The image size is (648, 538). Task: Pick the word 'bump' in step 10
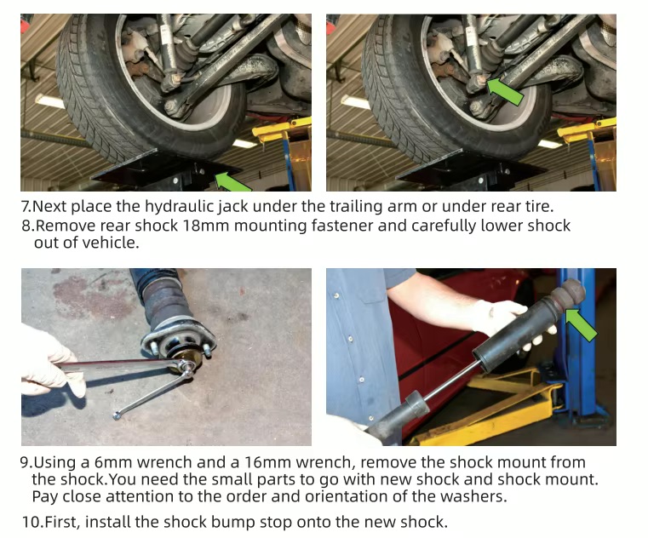click(232, 523)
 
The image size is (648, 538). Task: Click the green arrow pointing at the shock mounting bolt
click(505, 92)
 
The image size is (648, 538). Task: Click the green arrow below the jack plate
click(232, 182)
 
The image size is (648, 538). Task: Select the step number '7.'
click(26, 206)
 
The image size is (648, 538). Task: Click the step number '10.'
click(32, 523)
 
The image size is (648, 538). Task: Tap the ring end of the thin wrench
click(118, 415)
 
